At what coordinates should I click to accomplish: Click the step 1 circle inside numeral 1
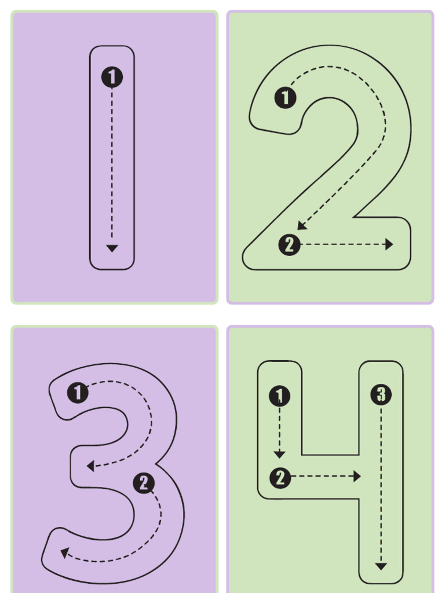coord(112,77)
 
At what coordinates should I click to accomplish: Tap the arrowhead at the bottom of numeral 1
coord(112,248)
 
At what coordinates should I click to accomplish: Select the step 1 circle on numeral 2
coord(285,98)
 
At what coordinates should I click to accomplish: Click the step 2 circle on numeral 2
coord(290,245)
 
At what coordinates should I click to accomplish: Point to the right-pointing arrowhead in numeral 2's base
coord(389,244)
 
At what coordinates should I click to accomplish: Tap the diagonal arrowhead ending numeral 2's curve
coord(301,226)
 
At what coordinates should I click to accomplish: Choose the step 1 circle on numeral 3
coord(78,393)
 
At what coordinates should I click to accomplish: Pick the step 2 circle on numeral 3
coord(144,483)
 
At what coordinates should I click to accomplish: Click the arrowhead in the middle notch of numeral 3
coord(90,466)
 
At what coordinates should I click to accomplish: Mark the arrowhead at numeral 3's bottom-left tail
coord(64,553)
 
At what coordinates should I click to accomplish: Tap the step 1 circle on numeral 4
coord(279,397)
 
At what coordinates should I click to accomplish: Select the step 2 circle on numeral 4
coord(280,478)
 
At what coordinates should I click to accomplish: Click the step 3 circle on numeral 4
coord(381,395)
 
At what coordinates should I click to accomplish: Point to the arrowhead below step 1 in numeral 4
coord(279,455)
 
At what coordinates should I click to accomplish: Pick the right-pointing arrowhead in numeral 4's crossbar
coord(357,477)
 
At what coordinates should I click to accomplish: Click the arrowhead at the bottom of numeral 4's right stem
coord(381,566)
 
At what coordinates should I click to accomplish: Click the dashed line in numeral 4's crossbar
coord(322,477)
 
